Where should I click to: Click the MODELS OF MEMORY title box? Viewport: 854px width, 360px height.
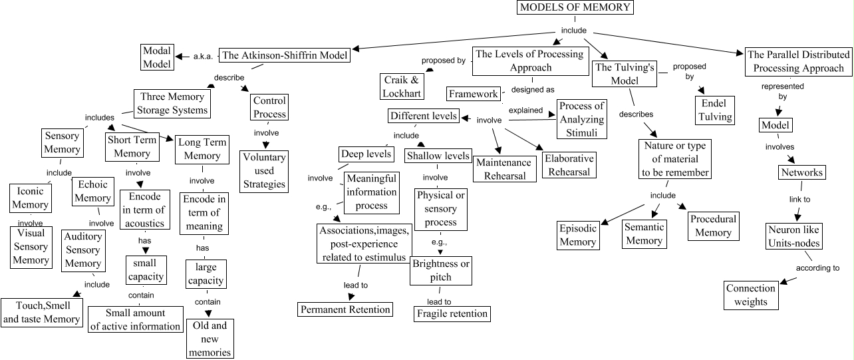575,8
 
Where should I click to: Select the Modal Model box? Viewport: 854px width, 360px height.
157,57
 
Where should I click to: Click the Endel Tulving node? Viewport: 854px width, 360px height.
716,110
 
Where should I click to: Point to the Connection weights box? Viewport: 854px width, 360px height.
750,295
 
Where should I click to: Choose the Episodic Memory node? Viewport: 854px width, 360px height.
577,235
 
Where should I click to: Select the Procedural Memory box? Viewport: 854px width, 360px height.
713,226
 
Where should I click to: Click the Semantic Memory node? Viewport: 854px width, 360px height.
644,234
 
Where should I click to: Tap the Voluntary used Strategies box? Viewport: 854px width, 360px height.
264,171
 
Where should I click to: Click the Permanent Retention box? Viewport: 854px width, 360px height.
345,309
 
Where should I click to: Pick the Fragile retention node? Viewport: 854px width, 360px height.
452,313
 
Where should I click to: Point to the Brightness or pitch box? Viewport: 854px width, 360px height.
440,270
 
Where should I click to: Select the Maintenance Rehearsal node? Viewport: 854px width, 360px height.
503,169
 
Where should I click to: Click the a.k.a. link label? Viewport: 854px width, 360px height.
202,57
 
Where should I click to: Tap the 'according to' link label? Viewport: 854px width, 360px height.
817,268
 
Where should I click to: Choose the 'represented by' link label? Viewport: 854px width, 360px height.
783,91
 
